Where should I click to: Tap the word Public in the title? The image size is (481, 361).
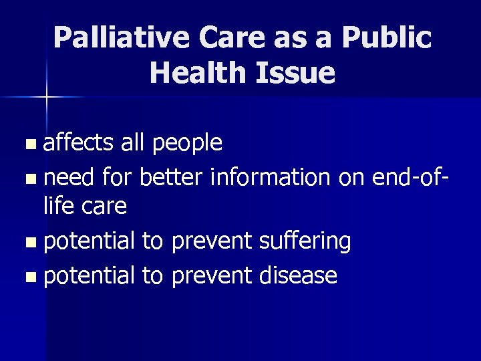pos(386,38)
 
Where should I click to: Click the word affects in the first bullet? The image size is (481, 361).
pos(79,142)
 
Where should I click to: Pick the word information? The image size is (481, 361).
pos(269,176)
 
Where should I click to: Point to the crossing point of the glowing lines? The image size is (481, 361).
pos(47,98)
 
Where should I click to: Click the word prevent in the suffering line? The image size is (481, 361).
pos(210,241)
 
